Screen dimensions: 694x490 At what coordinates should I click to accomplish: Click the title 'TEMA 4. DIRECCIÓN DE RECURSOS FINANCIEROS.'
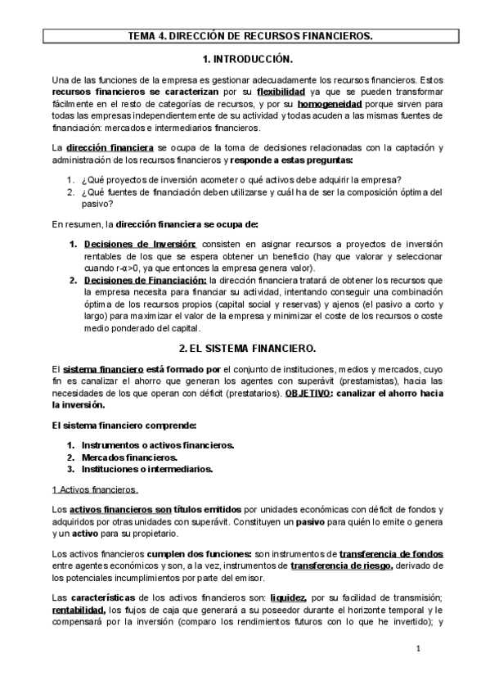245,36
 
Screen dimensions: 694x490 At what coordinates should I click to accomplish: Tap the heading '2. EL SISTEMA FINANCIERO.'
245,348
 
